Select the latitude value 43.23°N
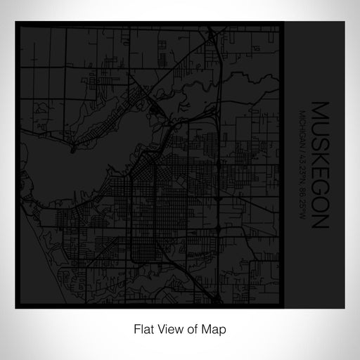point(301,167)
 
